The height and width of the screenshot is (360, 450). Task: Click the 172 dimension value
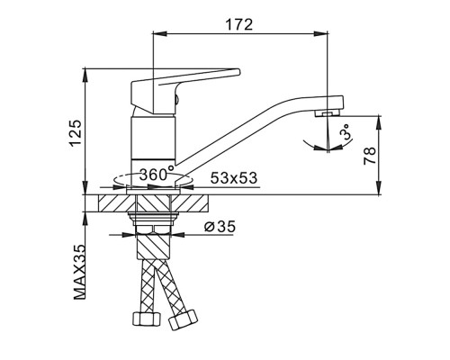[239, 24]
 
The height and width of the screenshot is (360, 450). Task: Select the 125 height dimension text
[76, 133]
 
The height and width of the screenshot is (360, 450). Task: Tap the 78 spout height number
[370, 156]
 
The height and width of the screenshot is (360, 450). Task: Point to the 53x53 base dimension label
[234, 178]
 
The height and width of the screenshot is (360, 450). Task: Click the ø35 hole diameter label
[220, 227]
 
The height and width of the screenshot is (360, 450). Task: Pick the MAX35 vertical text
[79, 272]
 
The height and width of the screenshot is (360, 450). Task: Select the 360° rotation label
[157, 174]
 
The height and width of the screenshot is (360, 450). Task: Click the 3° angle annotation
[346, 131]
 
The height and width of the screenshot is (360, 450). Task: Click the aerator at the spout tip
[327, 113]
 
